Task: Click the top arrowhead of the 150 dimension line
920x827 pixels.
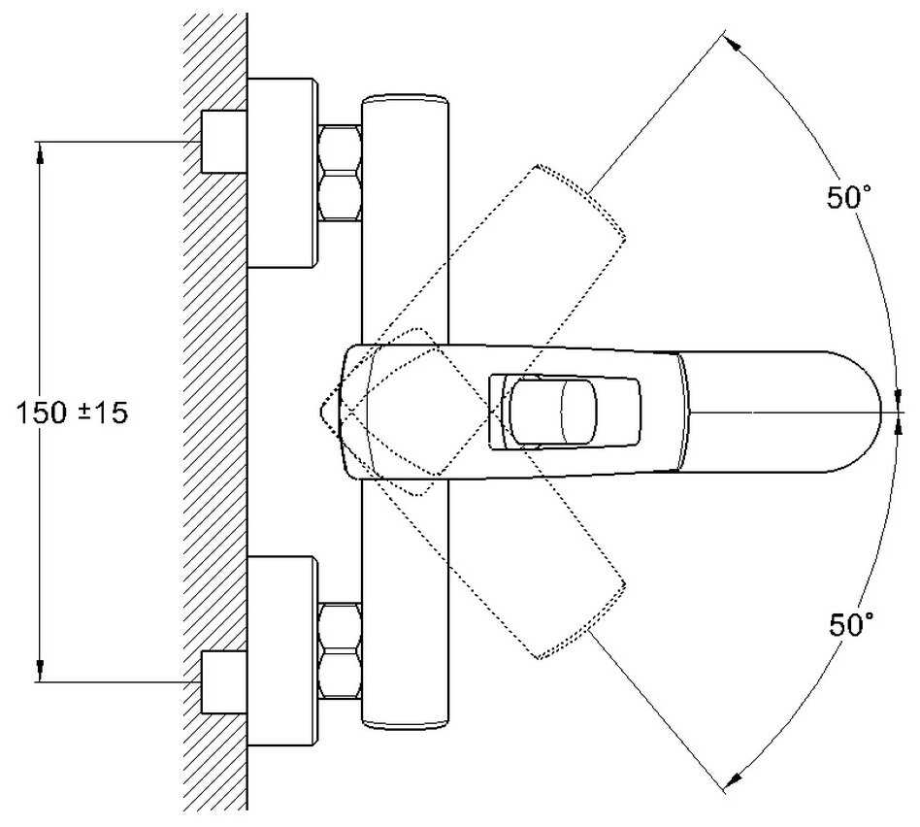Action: click(40, 149)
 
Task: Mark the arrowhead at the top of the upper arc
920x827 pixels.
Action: click(734, 43)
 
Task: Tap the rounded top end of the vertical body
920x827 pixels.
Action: click(405, 100)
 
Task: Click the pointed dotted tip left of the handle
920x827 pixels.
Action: click(322, 412)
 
